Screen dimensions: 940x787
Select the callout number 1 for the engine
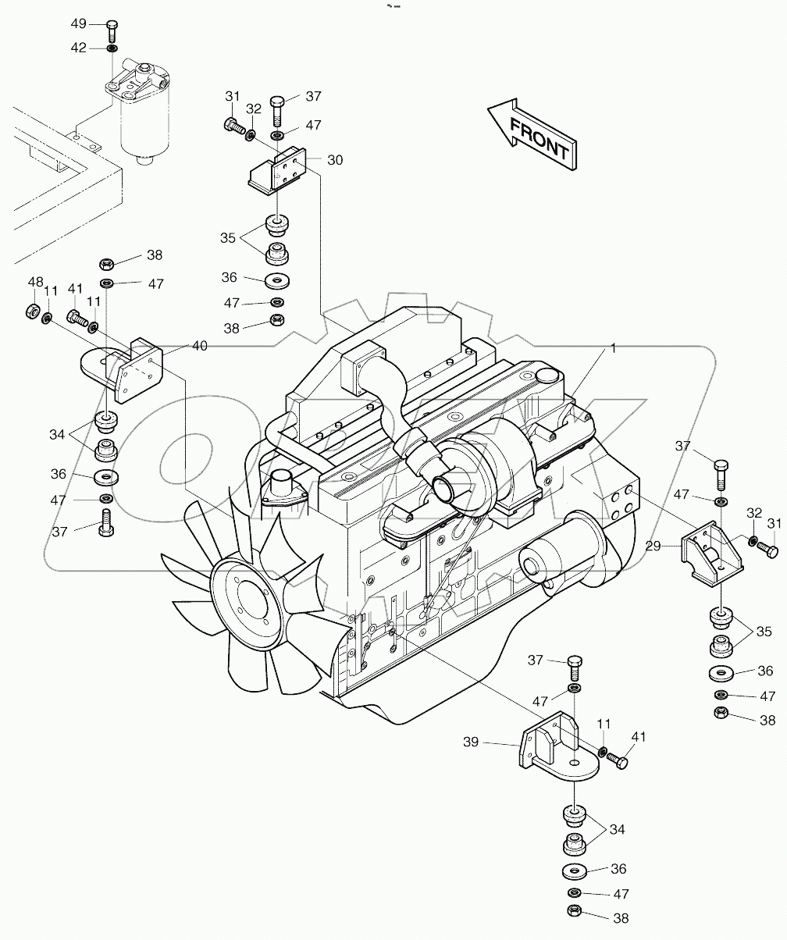[x=614, y=349]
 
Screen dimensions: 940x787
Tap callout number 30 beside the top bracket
[x=335, y=160]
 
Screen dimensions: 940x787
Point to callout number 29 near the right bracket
[x=653, y=547]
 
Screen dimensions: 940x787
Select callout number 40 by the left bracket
[x=200, y=346]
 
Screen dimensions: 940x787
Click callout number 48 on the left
[x=35, y=281]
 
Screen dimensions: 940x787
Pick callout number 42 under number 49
[x=79, y=48]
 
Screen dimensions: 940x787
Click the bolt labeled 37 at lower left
[x=106, y=522]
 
